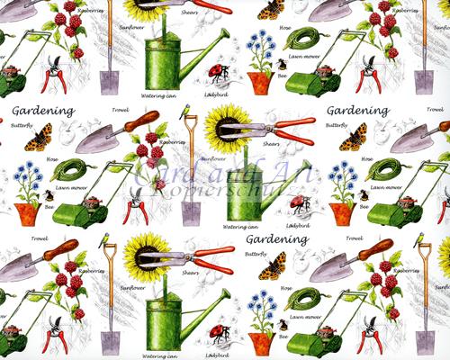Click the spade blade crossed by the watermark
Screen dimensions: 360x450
pos(190,211)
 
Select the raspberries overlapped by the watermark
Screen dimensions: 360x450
pos(153,157)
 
